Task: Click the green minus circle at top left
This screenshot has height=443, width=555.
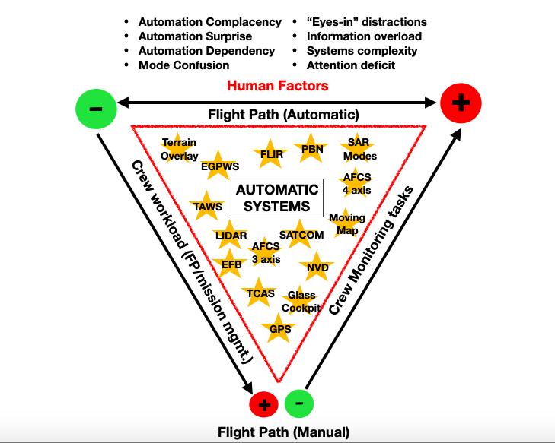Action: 96,108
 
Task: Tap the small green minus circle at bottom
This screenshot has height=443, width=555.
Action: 298,403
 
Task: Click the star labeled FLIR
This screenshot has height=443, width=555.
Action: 272,153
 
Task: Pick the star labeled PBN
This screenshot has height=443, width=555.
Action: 312,149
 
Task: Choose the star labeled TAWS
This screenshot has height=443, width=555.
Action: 208,206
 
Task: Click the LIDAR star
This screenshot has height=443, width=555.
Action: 231,236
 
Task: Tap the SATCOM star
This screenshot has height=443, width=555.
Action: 301,235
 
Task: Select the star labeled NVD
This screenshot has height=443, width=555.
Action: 317,267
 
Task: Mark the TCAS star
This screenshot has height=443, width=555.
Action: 260,293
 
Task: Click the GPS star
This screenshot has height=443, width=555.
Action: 280,329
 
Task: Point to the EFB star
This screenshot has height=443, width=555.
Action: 231,264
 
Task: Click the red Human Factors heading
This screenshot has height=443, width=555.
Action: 277,85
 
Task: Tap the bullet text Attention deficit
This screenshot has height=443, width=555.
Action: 351,65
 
